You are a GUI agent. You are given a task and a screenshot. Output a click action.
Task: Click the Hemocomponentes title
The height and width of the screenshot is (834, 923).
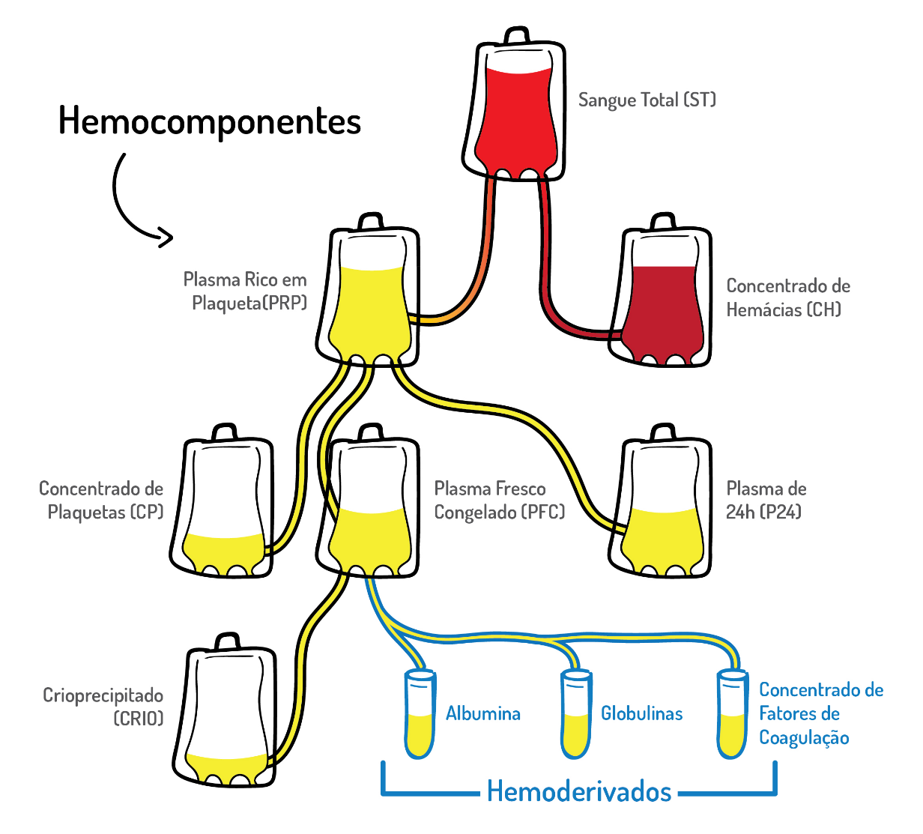tap(210, 121)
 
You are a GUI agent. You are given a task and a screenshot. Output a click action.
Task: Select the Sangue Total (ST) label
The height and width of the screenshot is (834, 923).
tap(647, 100)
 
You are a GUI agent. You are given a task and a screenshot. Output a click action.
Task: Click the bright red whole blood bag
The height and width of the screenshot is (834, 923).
tap(515, 112)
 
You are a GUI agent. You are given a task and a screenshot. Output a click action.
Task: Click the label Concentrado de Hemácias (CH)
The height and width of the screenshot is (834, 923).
tap(787, 297)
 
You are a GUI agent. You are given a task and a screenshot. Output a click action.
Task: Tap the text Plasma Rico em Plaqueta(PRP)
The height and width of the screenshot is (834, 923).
tap(246, 291)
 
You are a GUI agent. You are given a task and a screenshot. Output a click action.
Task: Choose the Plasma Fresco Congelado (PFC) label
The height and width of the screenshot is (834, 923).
tap(499, 501)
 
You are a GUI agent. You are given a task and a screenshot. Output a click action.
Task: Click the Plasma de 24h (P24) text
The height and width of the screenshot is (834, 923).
tap(766, 501)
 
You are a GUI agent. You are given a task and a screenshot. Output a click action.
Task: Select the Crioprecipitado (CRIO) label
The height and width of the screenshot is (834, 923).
tap(103, 707)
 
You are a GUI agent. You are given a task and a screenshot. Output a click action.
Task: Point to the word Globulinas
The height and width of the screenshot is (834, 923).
tap(641, 713)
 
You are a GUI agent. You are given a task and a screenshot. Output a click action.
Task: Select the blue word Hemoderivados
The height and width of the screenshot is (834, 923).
tap(578, 791)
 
